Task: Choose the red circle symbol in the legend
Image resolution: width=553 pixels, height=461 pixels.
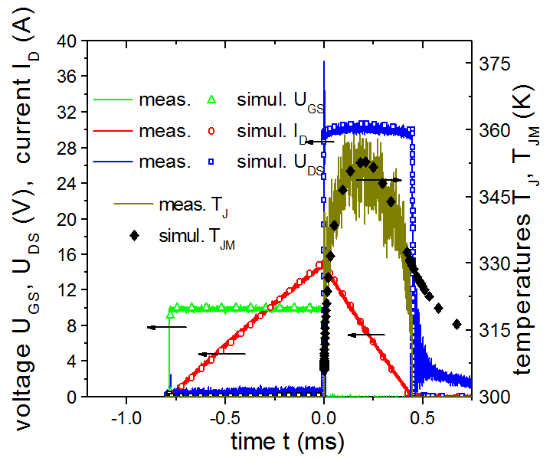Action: (x=213, y=131)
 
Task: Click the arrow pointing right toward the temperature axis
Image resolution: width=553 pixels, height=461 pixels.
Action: (x=378, y=179)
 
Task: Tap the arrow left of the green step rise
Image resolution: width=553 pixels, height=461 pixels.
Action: (x=166, y=327)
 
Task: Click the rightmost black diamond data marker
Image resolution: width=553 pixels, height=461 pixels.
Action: (x=456, y=325)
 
